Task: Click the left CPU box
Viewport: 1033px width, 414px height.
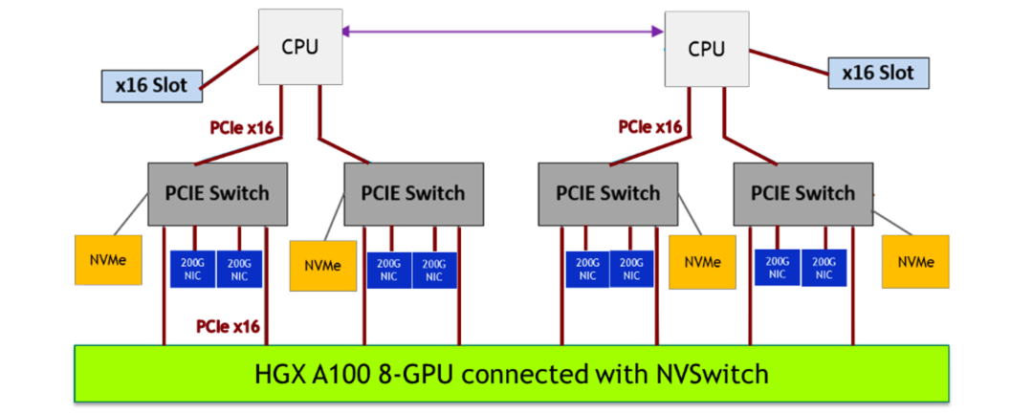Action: coord(299,45)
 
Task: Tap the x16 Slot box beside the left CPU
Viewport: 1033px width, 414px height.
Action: coord(151,85)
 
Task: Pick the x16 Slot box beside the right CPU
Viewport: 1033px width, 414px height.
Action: coord(877,72)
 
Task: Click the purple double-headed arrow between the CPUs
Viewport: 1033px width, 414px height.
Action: coord(503,33)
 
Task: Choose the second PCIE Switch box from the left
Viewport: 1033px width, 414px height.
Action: coord(413,193)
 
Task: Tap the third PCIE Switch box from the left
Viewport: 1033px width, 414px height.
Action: coord(608,193)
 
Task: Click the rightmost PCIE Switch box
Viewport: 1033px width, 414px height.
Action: coord(802,193)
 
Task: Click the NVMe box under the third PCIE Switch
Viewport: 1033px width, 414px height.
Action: coord(703,262)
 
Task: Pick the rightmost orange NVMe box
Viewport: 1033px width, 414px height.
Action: coord(915,262)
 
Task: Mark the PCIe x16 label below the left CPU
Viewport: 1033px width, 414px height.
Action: coord(242,126)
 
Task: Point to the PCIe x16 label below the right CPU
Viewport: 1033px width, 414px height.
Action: coord(650,126)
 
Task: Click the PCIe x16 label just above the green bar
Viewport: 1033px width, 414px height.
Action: coord(228,326)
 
